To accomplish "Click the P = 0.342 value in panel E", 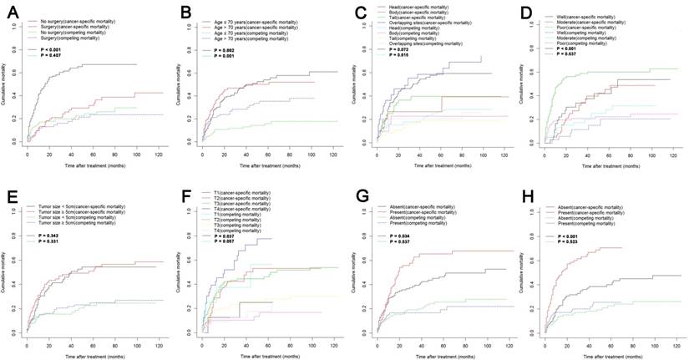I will (x=55, y=237).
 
